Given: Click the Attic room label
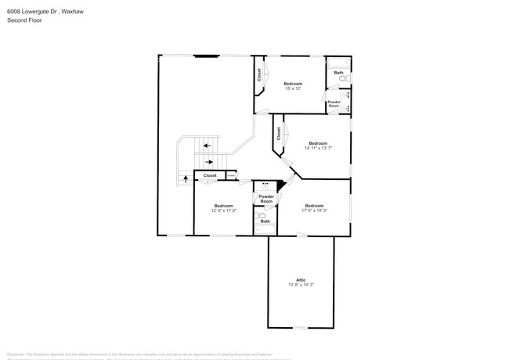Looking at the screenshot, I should click(x=301, y=279).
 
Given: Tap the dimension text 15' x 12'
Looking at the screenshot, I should click(x=293, y=88).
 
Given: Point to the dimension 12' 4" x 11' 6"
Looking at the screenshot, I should click(x=223, y=211).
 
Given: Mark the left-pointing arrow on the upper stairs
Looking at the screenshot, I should click(x=206, y=145).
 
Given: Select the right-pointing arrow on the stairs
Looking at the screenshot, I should click(x=210, y=162).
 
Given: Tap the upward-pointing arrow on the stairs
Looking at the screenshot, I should click(x=186, y=178).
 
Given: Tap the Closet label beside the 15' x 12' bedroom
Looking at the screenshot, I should click(x=259, y=75).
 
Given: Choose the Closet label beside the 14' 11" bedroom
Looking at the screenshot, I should click(x=278, y=134).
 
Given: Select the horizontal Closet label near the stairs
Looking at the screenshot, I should click(x=210, y=175).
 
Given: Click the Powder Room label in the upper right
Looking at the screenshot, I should click(x=334, y=103).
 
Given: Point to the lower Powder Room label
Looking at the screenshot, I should click(x=266, y=199).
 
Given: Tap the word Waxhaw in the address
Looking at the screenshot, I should click(x=73, y=11).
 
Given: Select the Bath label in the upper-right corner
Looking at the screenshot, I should click(x=338, y=73).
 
